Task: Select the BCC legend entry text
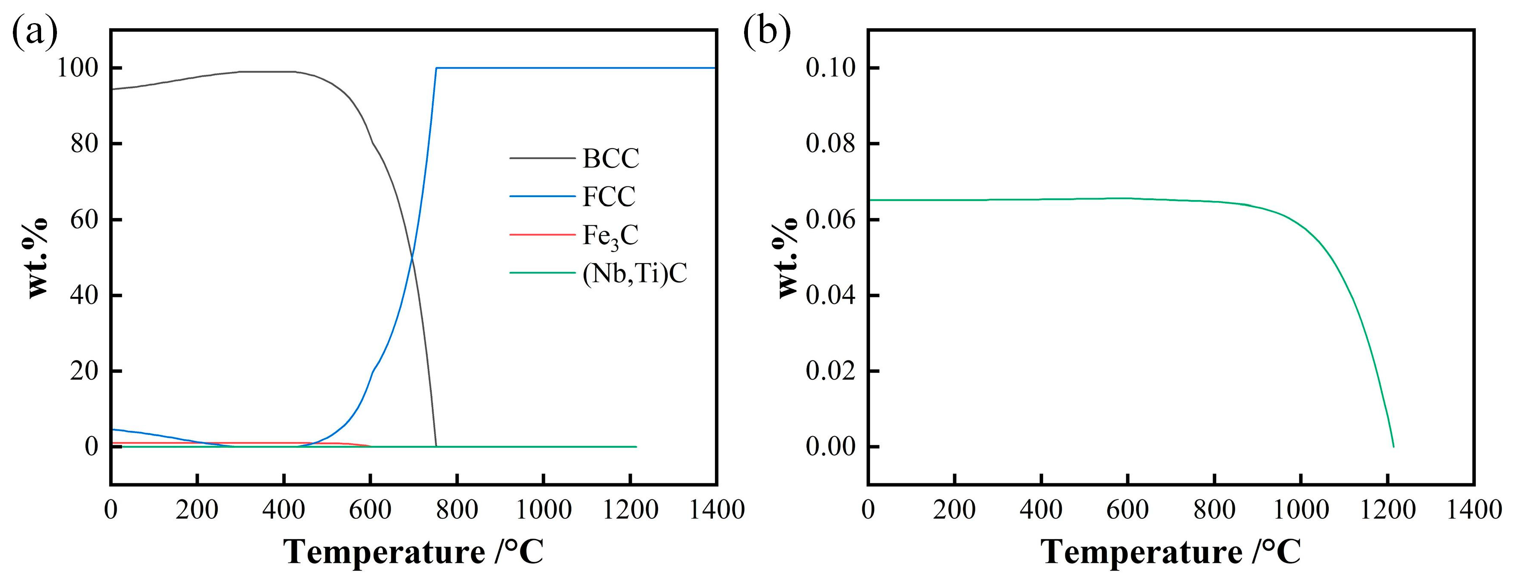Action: tap(610, 159)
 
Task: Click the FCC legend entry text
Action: tap(609, 197)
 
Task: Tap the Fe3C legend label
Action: tap(610, 236)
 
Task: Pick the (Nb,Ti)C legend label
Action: tap(634, 274)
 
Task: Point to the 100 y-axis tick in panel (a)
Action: tap(77, 68)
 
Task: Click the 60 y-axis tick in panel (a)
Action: tap(84, 219)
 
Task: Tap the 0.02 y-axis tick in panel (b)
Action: tap(830, 371)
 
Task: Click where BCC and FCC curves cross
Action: tap(411, 257)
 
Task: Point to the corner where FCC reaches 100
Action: tap(436, 68)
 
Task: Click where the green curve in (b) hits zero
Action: tap(1393, 446)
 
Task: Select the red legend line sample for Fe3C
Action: tap(541, 234)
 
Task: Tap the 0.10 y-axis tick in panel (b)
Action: tap(830, 68)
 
